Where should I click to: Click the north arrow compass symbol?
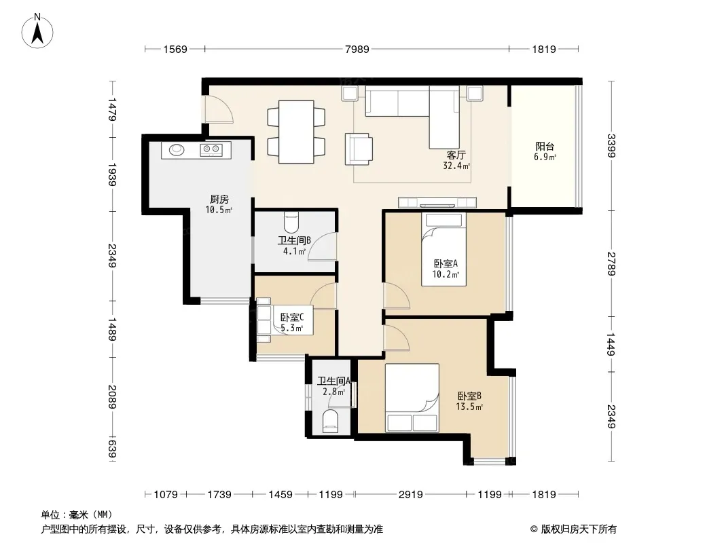[37, 31]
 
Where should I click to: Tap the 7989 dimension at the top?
[357, 49]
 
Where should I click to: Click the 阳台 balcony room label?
[545, 147]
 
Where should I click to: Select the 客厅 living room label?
[456, 155]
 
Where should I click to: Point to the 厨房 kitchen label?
[219, 200]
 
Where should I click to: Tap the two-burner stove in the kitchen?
[211, 149]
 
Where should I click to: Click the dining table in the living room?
[296, 132]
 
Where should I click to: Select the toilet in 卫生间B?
[291, 222]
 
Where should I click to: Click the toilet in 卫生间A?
[331, 421]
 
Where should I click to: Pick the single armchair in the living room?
[359, 149]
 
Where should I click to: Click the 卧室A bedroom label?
[446, 264]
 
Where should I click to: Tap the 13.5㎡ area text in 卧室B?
[469, 407]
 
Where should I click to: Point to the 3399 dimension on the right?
[611, 145]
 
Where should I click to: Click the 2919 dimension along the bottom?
[410, 495]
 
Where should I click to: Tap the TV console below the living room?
[437, 202]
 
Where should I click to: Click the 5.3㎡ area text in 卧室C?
[292, 329]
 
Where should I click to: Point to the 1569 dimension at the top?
[175, 49]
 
